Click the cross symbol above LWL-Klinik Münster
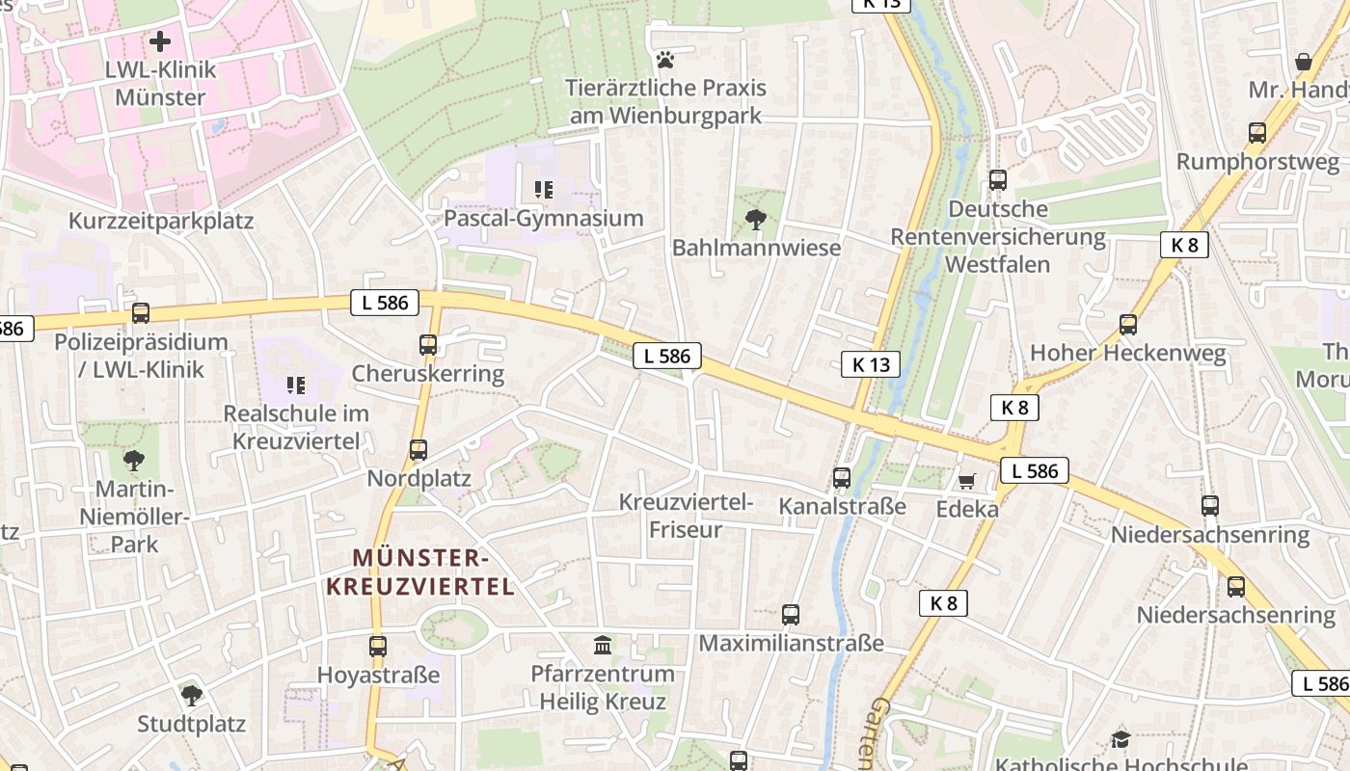click(160, 41)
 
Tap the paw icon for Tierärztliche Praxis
click(664, 60)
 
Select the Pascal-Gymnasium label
click(543, 218)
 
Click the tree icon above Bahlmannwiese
click(756, 220)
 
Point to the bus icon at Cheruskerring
click(428, 344)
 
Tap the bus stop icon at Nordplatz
click(418, 449)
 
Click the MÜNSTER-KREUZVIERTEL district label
click(420, 572)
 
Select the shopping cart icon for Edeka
click(966, 480)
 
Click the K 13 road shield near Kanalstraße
click(871, 363)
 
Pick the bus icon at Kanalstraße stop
click(842, 477)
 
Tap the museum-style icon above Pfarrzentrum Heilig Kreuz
click(603, 644)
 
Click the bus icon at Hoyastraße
click(378, 646)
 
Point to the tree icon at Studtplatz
click(192, 695)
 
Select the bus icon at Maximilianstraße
click(791, 614)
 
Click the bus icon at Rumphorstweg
click(1257, 133)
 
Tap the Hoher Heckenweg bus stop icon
click(1128, 324)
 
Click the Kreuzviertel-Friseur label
click(686, 516)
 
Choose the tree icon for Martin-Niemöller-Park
click(134, 460)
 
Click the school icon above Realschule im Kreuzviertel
click(296, 385)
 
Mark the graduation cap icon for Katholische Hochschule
click(1120, 739)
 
